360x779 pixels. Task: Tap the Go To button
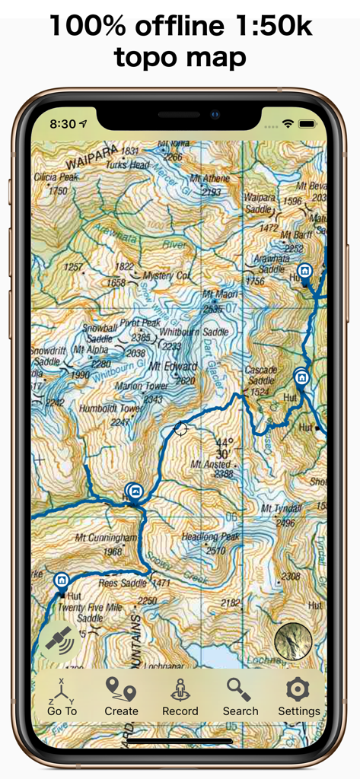pyautogui.click(x=62, y=697)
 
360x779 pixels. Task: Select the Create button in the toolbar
pyautogui.click(x=121, y=697)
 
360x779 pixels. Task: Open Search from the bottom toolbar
pyautogui.click(x=241, y=697)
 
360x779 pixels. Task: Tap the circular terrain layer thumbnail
pyautogui.click(x=293, y=641)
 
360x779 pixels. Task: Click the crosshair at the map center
pyautogui.click(x=181, y=429)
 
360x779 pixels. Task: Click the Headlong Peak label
pyautogui.click(x=211, y=537)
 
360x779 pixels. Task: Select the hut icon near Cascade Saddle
pyautogui.click(x=301, y=377)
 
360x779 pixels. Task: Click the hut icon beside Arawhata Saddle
pyautogui.click(x=304, y=271)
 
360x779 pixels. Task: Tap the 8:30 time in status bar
pyautogui.click(x=62, y=123)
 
